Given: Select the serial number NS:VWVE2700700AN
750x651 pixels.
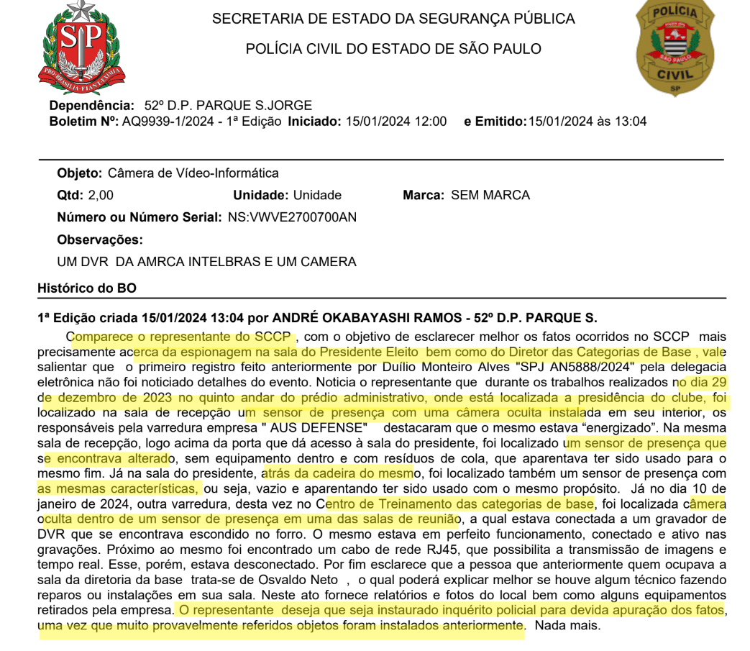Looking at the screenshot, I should (292, 217).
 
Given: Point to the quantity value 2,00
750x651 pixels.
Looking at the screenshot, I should (100, 195).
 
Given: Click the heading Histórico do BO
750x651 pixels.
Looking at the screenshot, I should (86, 288).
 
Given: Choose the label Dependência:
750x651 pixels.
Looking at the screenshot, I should (91, 106).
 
